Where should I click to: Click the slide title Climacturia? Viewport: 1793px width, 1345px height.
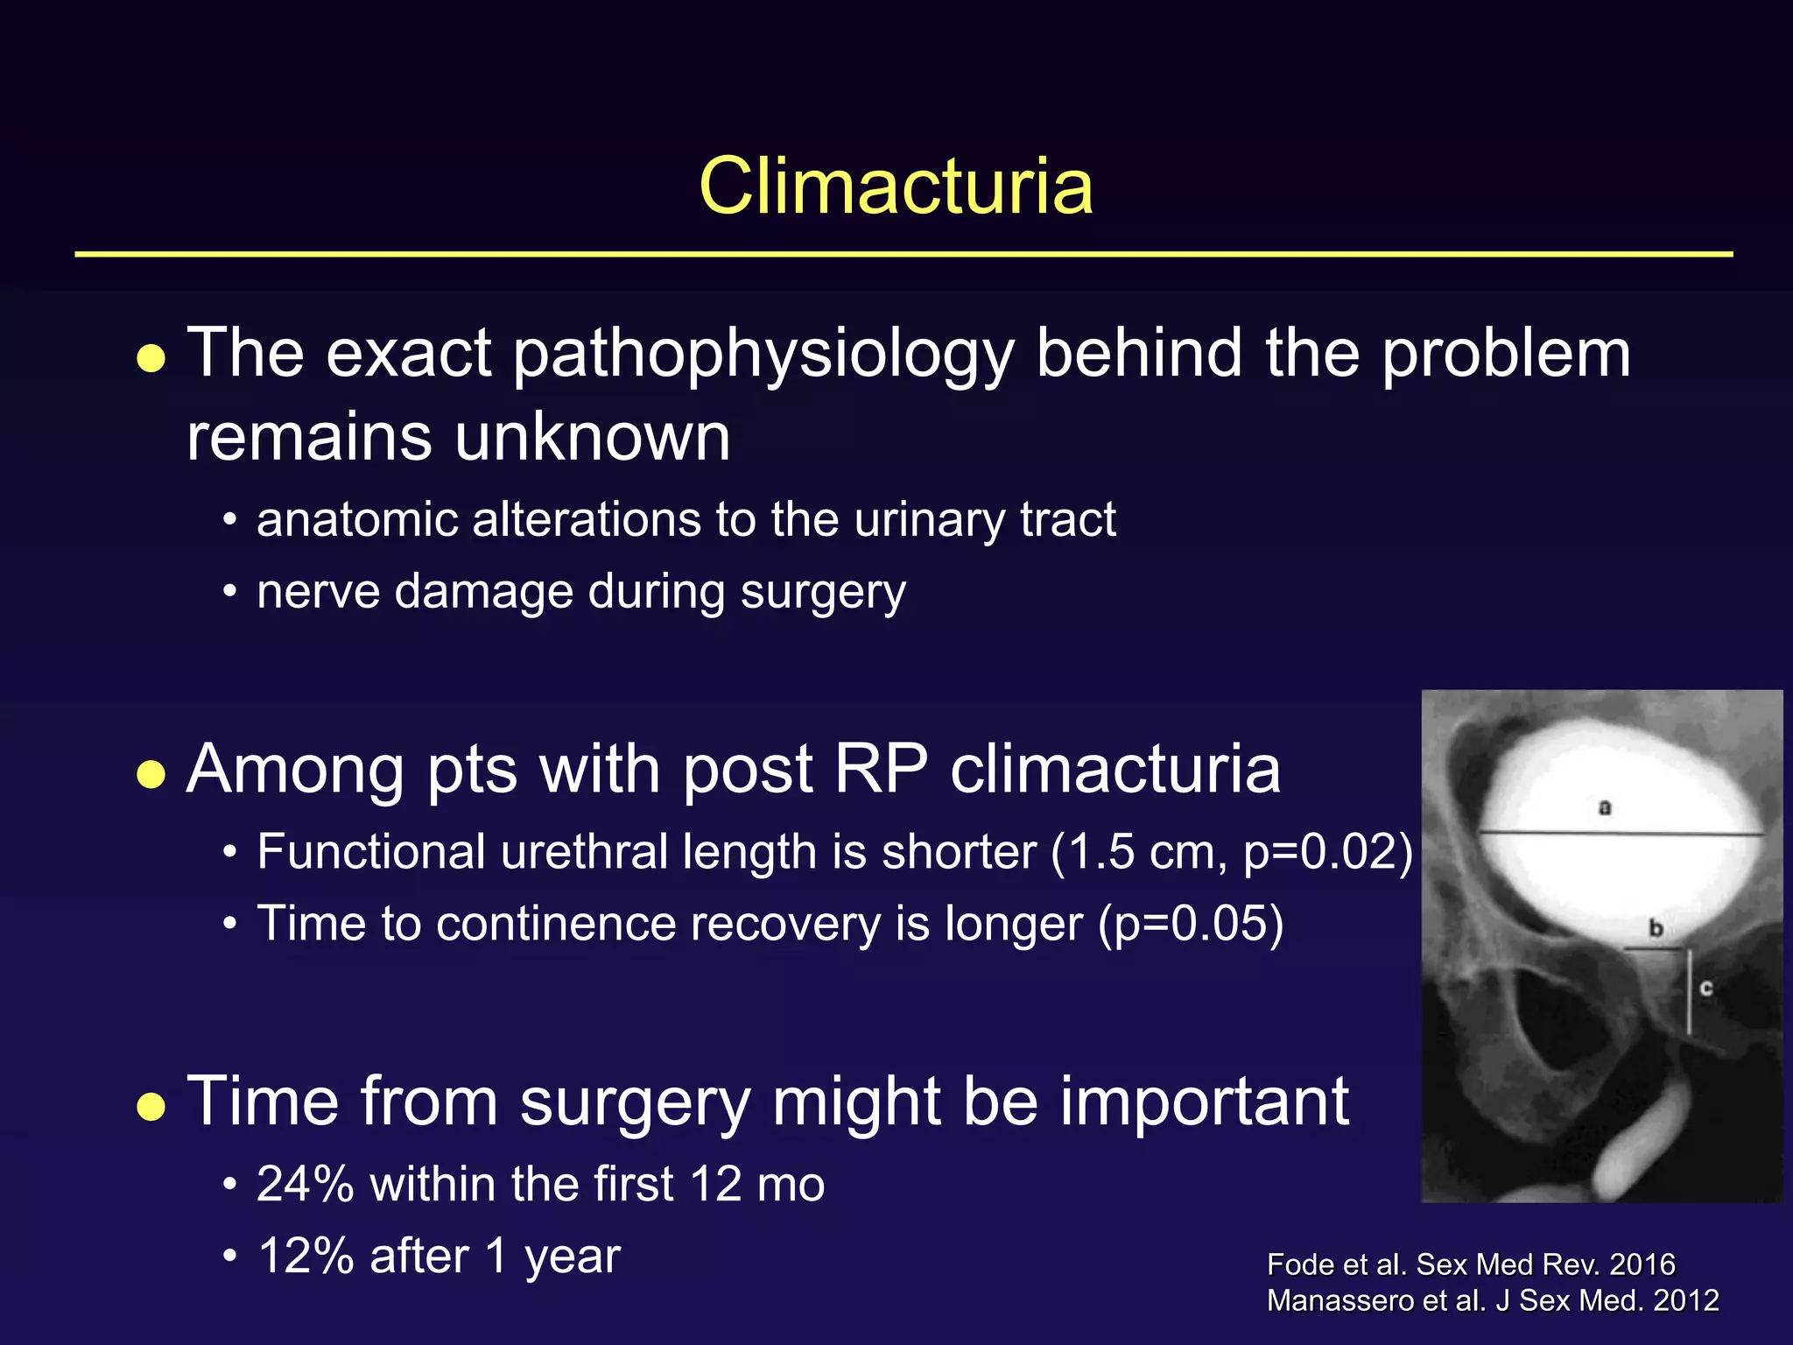896,186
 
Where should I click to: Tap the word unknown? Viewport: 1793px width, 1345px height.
593,437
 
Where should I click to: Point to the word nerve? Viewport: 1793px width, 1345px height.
316,593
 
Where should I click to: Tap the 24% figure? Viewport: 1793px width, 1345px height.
305,1185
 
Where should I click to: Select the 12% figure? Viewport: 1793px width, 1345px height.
305,1257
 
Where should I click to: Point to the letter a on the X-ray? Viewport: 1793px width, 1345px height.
1605,807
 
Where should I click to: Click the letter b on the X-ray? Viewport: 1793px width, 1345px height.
1656,928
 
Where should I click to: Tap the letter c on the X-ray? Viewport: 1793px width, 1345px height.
1706,989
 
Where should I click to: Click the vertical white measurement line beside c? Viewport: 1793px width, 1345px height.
1690,991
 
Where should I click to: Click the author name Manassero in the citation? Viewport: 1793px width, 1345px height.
1339,1301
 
